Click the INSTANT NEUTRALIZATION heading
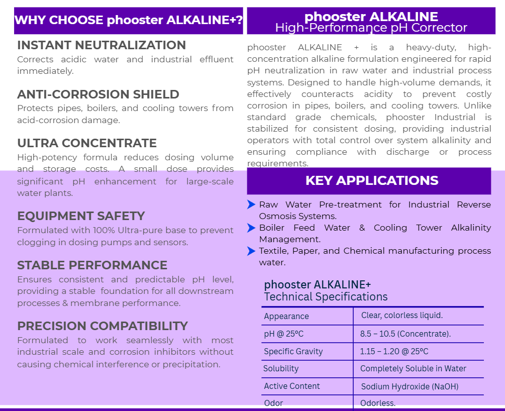coord(102,45)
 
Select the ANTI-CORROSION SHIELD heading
coord(98,94)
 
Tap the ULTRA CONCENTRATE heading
coord(87,143)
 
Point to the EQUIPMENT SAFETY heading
coord(81,216)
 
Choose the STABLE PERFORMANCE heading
coord(92,265)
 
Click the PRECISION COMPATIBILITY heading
coord(103,326)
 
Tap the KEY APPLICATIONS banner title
coord(372,181)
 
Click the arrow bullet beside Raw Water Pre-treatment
coord(251,204)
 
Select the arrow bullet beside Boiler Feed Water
coord(251,228)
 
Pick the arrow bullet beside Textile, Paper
coord(251,251)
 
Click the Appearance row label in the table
coord(286,317)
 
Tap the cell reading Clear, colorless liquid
coord(402,316)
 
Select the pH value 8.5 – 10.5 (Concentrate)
coord(406,334)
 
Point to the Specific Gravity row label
coord(293,351)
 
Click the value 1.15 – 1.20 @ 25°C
coord(394,351)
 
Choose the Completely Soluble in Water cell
coord(413,369)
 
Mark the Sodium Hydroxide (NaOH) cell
coord(410,386)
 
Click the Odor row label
coord(273,403)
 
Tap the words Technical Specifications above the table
coord(326,297)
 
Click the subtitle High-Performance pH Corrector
coord(371,28)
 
